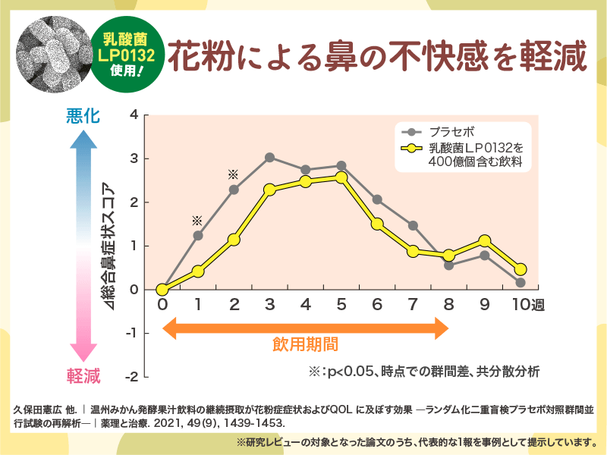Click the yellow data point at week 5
point(341,177)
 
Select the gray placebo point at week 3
point(269,157)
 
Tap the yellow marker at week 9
point(485,241)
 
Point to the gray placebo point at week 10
point(521,283)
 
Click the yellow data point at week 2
point(234,240)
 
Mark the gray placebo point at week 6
point(377,199)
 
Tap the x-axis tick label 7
point(413,305)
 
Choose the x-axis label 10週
point(525,305)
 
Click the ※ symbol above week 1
point(197,221)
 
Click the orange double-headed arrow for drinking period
point(305,328)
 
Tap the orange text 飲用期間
point(305,347)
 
